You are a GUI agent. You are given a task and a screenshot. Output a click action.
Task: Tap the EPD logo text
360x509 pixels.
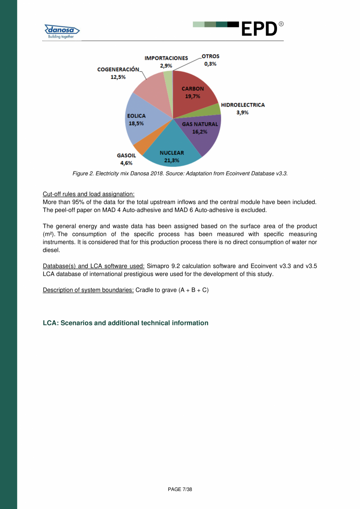(259, 29)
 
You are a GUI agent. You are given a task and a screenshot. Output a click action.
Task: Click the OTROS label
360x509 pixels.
(211, 56)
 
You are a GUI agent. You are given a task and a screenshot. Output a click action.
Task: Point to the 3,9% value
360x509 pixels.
(243, 112)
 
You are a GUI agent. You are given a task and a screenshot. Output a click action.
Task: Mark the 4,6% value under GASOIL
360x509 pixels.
(126, 163)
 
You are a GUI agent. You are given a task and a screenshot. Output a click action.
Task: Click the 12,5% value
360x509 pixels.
(118, 77)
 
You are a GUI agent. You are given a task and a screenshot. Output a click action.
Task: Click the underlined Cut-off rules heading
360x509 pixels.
(88, 194)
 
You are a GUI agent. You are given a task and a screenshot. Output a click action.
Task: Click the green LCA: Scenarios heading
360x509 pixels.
(125, 323)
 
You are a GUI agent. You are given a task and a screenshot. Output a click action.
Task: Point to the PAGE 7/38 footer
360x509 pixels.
(180, 489)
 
